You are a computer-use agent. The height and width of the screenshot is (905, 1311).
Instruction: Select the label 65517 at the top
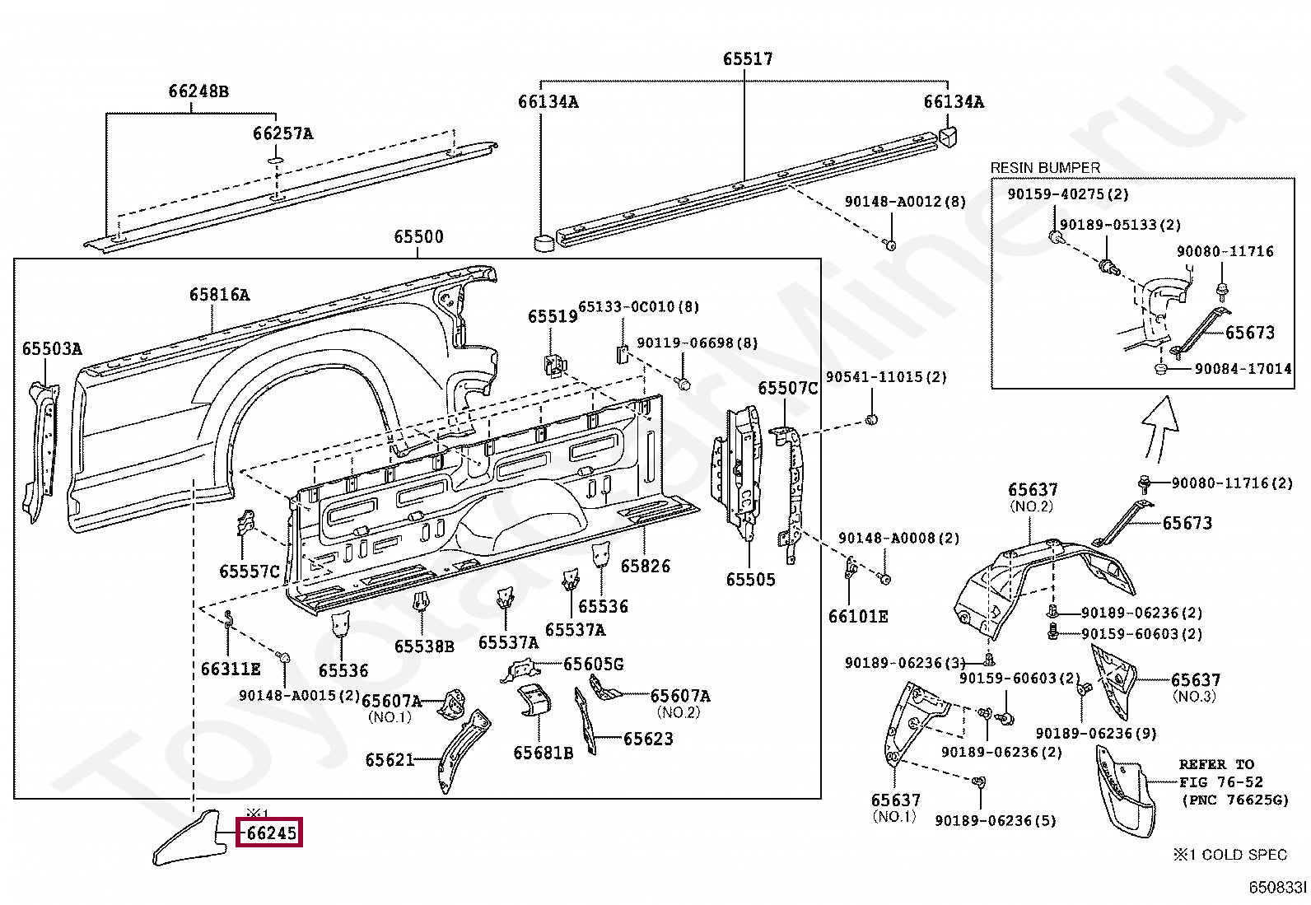[748, 58]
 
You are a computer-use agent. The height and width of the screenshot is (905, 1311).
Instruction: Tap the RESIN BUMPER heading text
[1044, 168]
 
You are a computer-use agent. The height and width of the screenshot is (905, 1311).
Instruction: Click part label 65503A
[52, 348]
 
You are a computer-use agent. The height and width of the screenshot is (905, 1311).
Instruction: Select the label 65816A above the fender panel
[219, 294]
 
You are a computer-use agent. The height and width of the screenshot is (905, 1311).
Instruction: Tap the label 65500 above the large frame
[418, 237]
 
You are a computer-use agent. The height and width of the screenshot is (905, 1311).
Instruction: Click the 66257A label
[282, 133]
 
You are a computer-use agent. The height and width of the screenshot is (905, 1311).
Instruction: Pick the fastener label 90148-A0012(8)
[904, 202]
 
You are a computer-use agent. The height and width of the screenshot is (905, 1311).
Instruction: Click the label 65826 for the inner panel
[645, 566]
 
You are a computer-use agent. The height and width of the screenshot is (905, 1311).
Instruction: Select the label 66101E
[858, 616]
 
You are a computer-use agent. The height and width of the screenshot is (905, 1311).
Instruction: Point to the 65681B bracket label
[543, 753]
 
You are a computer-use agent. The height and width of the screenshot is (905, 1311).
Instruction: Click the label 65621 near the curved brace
[390, 760]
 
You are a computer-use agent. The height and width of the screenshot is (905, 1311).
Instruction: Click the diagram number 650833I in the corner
[1276, 888]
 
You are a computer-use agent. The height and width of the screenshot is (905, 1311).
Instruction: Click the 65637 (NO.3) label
[1196, 680]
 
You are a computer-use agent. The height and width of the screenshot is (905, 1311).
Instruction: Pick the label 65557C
[250, 571]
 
